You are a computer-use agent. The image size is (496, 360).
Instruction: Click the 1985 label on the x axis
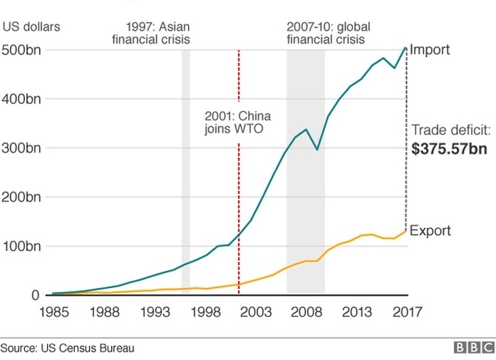point(53,312)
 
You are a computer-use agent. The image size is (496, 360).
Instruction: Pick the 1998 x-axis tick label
point(205,312)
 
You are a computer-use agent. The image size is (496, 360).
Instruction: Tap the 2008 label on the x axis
point(306,312)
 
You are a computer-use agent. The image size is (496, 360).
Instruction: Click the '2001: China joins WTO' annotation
point(237,122)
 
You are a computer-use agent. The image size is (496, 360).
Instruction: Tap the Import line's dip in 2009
point(316,149)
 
